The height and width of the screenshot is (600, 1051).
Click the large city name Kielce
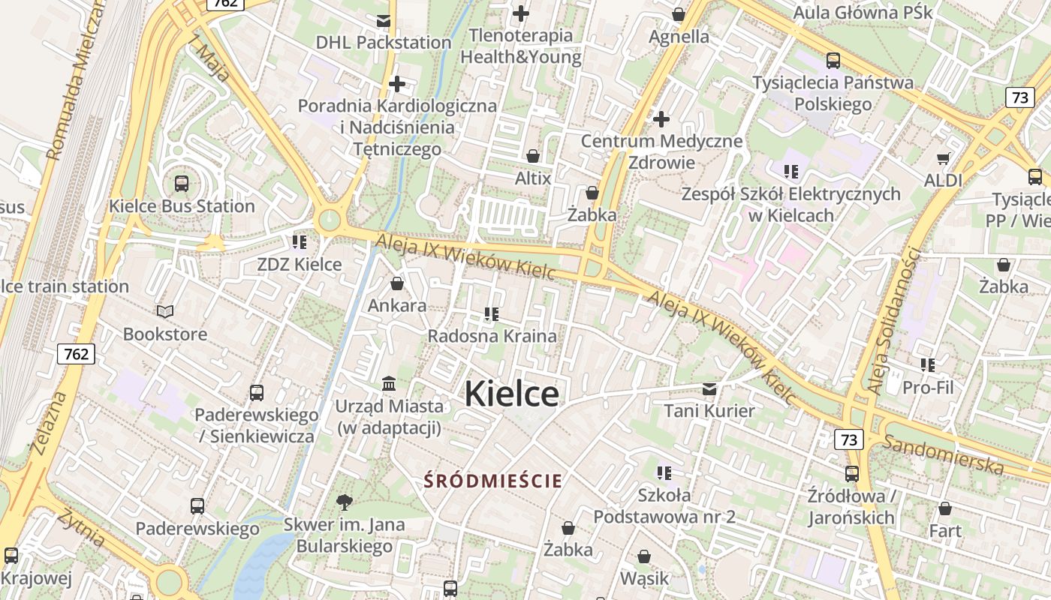coord(511,394)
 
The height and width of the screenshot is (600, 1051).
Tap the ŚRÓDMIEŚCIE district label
coord(492,481)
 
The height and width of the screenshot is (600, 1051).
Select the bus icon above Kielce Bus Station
coord(181,183)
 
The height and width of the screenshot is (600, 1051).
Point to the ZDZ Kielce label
coord(299,265)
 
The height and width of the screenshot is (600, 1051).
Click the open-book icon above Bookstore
coord(165,311)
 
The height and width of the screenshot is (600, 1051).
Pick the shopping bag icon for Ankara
coord(396,283)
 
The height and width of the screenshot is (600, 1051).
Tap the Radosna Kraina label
coord(492,336)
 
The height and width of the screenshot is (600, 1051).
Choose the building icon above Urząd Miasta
coord(389,384)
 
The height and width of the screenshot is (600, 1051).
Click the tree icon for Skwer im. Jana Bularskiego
coord(345,502)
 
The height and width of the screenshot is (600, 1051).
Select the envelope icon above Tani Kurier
coord(709,388)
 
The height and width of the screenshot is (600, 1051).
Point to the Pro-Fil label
coord(928,388)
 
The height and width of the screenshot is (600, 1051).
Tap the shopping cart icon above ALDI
coord(943,158)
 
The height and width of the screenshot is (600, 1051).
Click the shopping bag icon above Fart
coord(944,508)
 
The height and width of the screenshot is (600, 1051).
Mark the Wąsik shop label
coord(643,579)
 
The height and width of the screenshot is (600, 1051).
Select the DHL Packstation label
coord(383,43)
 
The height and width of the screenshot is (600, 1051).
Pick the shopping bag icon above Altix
coord(532,156)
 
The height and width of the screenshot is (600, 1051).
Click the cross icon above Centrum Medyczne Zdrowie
coord(661,118)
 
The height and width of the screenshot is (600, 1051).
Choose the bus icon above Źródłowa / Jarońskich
coord(851,473)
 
